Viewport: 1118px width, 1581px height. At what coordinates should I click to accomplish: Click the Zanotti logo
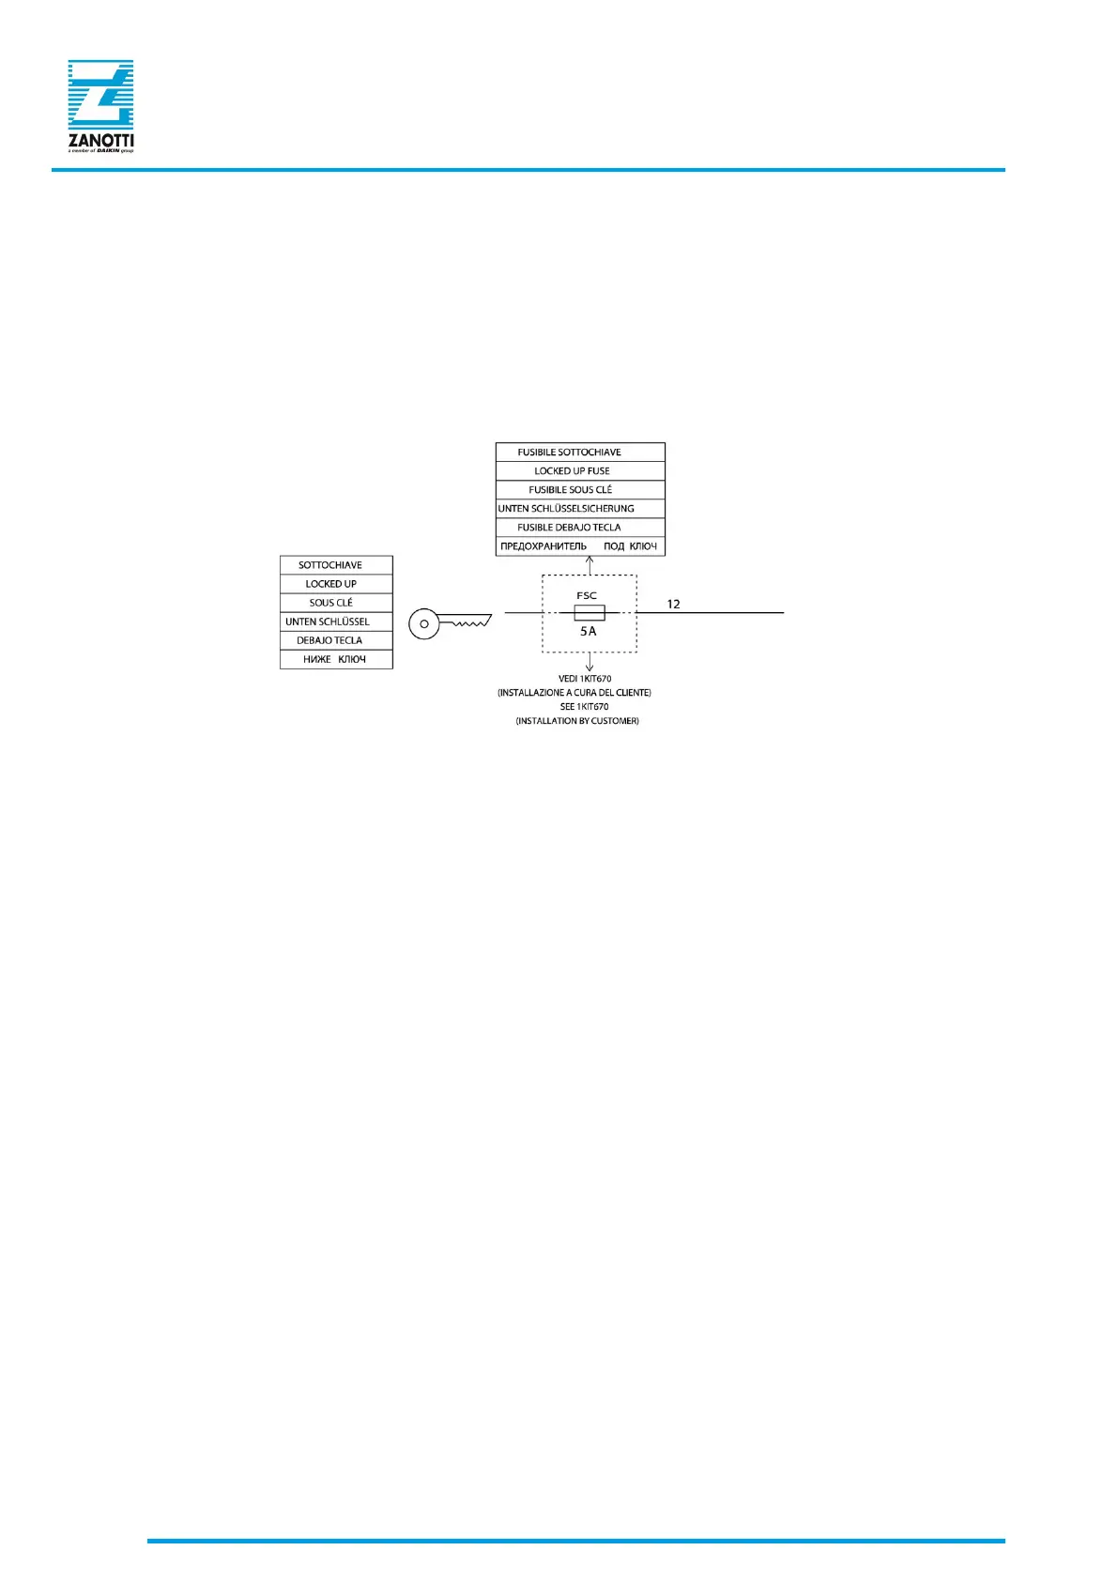[100, 106]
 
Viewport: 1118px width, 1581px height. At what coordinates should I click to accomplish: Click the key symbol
[450, 622]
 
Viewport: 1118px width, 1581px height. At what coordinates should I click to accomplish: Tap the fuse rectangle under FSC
[590, 613]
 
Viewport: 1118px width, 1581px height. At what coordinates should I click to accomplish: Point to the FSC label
[587, 595]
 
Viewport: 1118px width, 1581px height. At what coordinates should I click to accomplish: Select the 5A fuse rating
[589, 632]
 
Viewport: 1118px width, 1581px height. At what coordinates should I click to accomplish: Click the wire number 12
[673, 604]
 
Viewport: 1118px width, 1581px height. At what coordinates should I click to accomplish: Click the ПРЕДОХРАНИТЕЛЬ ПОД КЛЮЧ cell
[579, 546]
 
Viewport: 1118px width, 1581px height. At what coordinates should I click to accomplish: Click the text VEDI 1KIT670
[585, 679]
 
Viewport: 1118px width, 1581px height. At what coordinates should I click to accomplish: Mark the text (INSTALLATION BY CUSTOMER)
[577, 721]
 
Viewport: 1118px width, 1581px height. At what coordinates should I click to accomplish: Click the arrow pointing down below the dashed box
[590, 663]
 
